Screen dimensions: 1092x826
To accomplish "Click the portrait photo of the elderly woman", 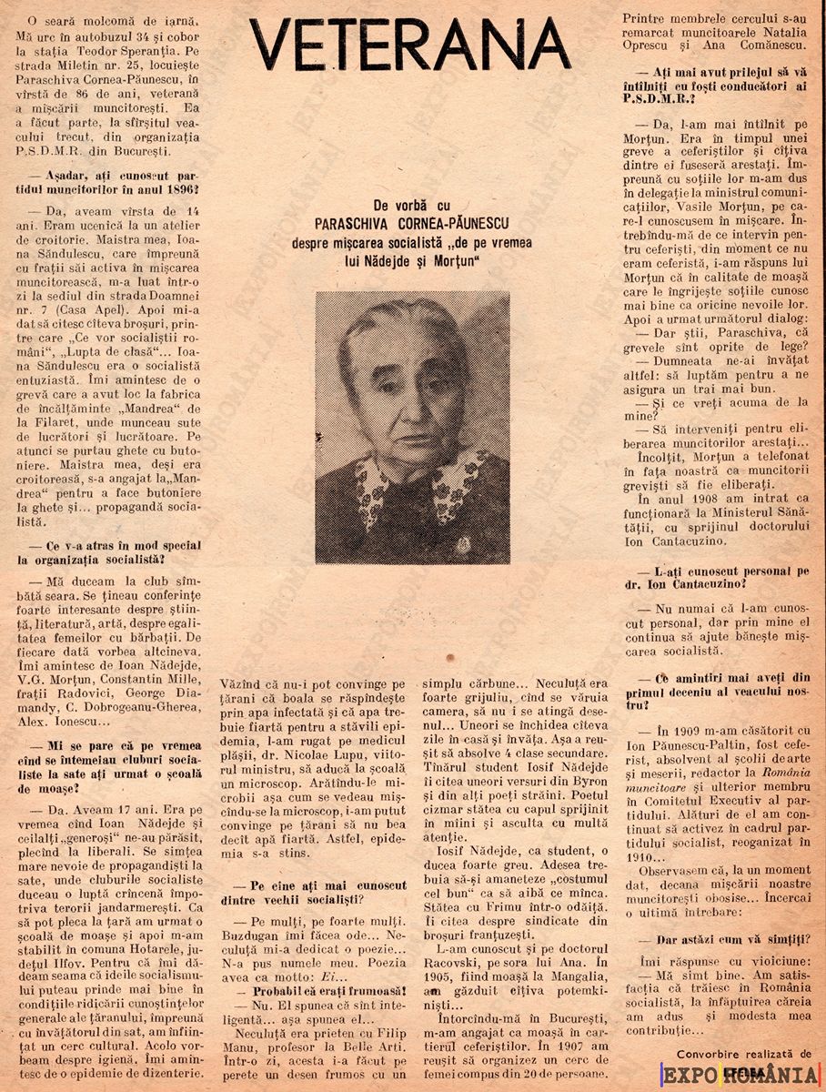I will (x=412, y=426).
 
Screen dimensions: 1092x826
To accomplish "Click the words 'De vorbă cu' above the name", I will (x=411, y=207).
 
